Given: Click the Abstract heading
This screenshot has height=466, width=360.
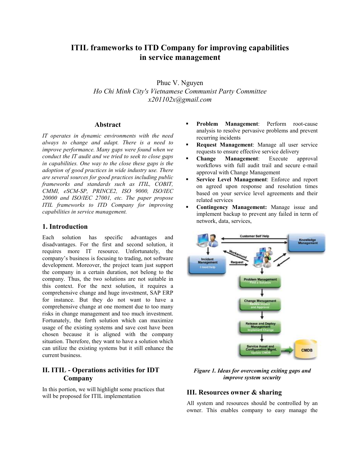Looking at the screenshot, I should pos(108,125).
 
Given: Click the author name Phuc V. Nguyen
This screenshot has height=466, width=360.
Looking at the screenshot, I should pos(180,83).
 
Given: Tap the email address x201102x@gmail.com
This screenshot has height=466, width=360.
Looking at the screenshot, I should pos(180,99).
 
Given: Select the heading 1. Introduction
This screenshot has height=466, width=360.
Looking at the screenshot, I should pos(65,227).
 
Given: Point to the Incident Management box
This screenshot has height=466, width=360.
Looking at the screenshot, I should pos(208,264).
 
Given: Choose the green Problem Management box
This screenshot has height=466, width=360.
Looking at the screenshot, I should pos(260,281).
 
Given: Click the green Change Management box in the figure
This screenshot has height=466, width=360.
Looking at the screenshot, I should pos(260,304).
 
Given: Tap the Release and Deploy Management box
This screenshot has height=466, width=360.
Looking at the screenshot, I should pos(260,327).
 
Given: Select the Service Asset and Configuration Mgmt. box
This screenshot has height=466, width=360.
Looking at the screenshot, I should pos(260,350).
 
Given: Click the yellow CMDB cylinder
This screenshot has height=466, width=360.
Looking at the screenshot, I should pos(307,350).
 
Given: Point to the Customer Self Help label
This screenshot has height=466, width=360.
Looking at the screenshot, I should pos(254,236).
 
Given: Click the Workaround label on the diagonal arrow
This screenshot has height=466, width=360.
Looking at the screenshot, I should pos(238,254).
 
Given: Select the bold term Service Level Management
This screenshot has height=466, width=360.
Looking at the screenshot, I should pos(231,180).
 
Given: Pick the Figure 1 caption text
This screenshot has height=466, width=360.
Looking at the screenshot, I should pos(252,374).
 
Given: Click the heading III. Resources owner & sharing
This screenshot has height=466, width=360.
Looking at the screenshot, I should pos(234,392).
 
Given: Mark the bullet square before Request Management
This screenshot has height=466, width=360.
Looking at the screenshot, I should pos(187,145).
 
